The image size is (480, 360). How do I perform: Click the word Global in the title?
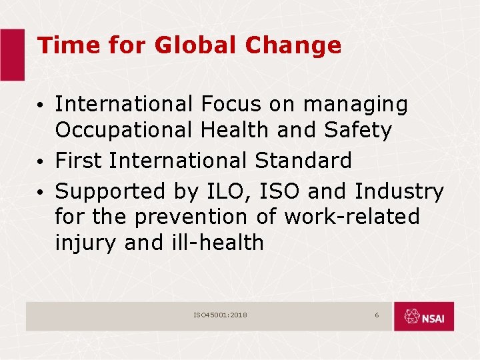195,45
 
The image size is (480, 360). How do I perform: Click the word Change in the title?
293,45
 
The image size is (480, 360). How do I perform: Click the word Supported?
107,192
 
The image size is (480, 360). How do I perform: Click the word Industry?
399,192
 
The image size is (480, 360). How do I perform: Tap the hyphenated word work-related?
352,217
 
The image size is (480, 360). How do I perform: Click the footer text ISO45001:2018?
220,315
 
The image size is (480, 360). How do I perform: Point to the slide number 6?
377,315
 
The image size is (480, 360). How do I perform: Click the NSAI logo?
423,317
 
